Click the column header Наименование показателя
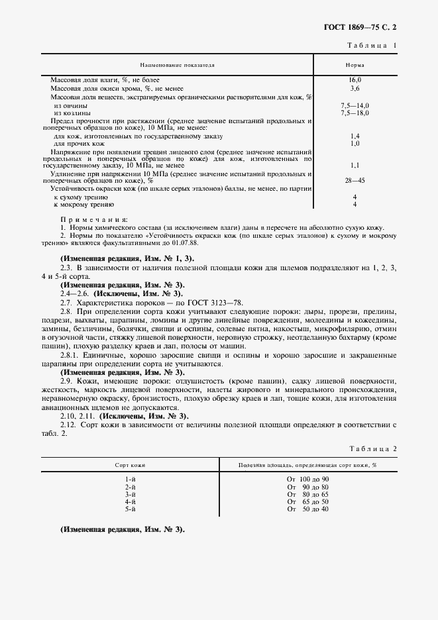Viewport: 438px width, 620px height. (176, 66)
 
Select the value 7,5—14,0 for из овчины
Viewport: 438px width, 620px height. (355, 105)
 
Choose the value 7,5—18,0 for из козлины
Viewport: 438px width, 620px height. (355, 113)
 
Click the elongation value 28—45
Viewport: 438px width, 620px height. (355, 180)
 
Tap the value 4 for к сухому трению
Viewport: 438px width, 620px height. (355, 197)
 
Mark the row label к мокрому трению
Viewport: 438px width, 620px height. (79, 205)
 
